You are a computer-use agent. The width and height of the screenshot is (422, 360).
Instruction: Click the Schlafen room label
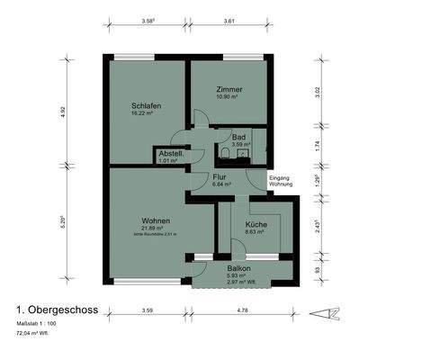(x=146, y=105)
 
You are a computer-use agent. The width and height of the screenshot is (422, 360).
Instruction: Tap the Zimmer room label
(x=229, y=90)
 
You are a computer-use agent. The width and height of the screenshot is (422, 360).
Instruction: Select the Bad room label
(x=238, y=137)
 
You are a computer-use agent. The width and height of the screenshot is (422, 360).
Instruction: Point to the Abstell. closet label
(x=171, y=154)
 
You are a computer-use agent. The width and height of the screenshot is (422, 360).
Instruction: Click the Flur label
(x=220, y=177)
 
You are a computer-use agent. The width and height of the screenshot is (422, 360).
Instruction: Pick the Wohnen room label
(x=156, y=220)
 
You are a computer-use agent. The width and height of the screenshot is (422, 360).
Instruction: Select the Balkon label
(x=238, y=268)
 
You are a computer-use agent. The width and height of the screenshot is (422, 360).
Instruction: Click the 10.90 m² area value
(x=229, y=99)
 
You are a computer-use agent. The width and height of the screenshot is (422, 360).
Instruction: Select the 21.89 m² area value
(x=156, y=229)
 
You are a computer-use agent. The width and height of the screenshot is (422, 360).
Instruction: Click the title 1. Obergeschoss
(x=57, y=309)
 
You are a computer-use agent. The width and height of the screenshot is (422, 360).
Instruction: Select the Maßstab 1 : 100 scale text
(x=37, y=321)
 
